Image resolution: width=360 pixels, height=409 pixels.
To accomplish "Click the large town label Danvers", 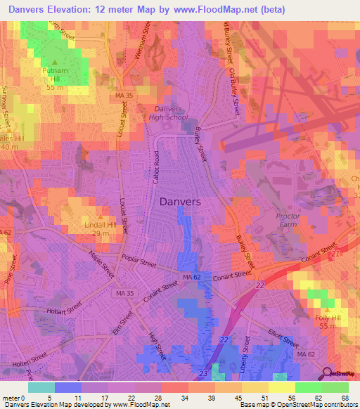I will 180,201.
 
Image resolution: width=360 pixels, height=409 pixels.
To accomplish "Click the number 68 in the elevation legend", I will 345,398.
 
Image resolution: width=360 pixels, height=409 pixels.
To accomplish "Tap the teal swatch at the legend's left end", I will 41,387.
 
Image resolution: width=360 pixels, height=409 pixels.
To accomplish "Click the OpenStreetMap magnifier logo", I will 326,373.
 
